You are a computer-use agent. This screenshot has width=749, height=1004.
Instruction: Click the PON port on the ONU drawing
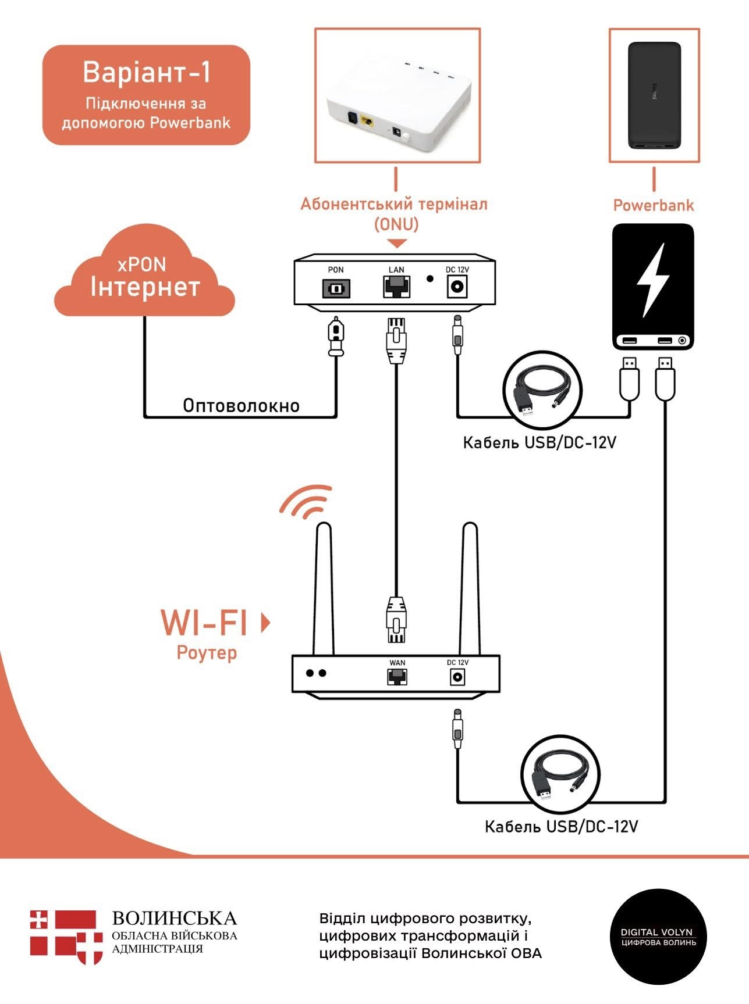coord(336,288)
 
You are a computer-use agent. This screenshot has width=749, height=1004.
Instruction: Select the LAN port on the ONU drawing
coord(396,287)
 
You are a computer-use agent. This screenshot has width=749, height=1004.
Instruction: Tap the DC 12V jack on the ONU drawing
coord(457,287)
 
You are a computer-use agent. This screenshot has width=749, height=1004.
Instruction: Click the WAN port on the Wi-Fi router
coord(397,676)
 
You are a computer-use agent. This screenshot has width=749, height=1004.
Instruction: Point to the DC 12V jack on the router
coord(457,677)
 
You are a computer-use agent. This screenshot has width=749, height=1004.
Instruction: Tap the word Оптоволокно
coord(241,405)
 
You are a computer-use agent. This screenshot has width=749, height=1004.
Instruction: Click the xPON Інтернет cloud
coord(144,277)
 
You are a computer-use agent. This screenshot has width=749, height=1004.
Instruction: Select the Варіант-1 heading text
coord(146,73)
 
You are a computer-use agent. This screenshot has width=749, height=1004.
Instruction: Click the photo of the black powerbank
coord(654,95)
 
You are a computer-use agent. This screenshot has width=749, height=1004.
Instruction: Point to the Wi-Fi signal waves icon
coord(305,501)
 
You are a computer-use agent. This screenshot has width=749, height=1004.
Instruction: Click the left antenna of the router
coord(324,587)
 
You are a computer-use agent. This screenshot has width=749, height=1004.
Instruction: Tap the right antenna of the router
coord(470,587)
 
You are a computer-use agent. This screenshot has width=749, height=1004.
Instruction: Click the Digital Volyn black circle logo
coord(658,936)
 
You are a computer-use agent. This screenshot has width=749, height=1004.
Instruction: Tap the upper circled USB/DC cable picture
coord(542,390)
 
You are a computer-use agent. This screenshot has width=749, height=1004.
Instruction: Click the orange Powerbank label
coord(654,205)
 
